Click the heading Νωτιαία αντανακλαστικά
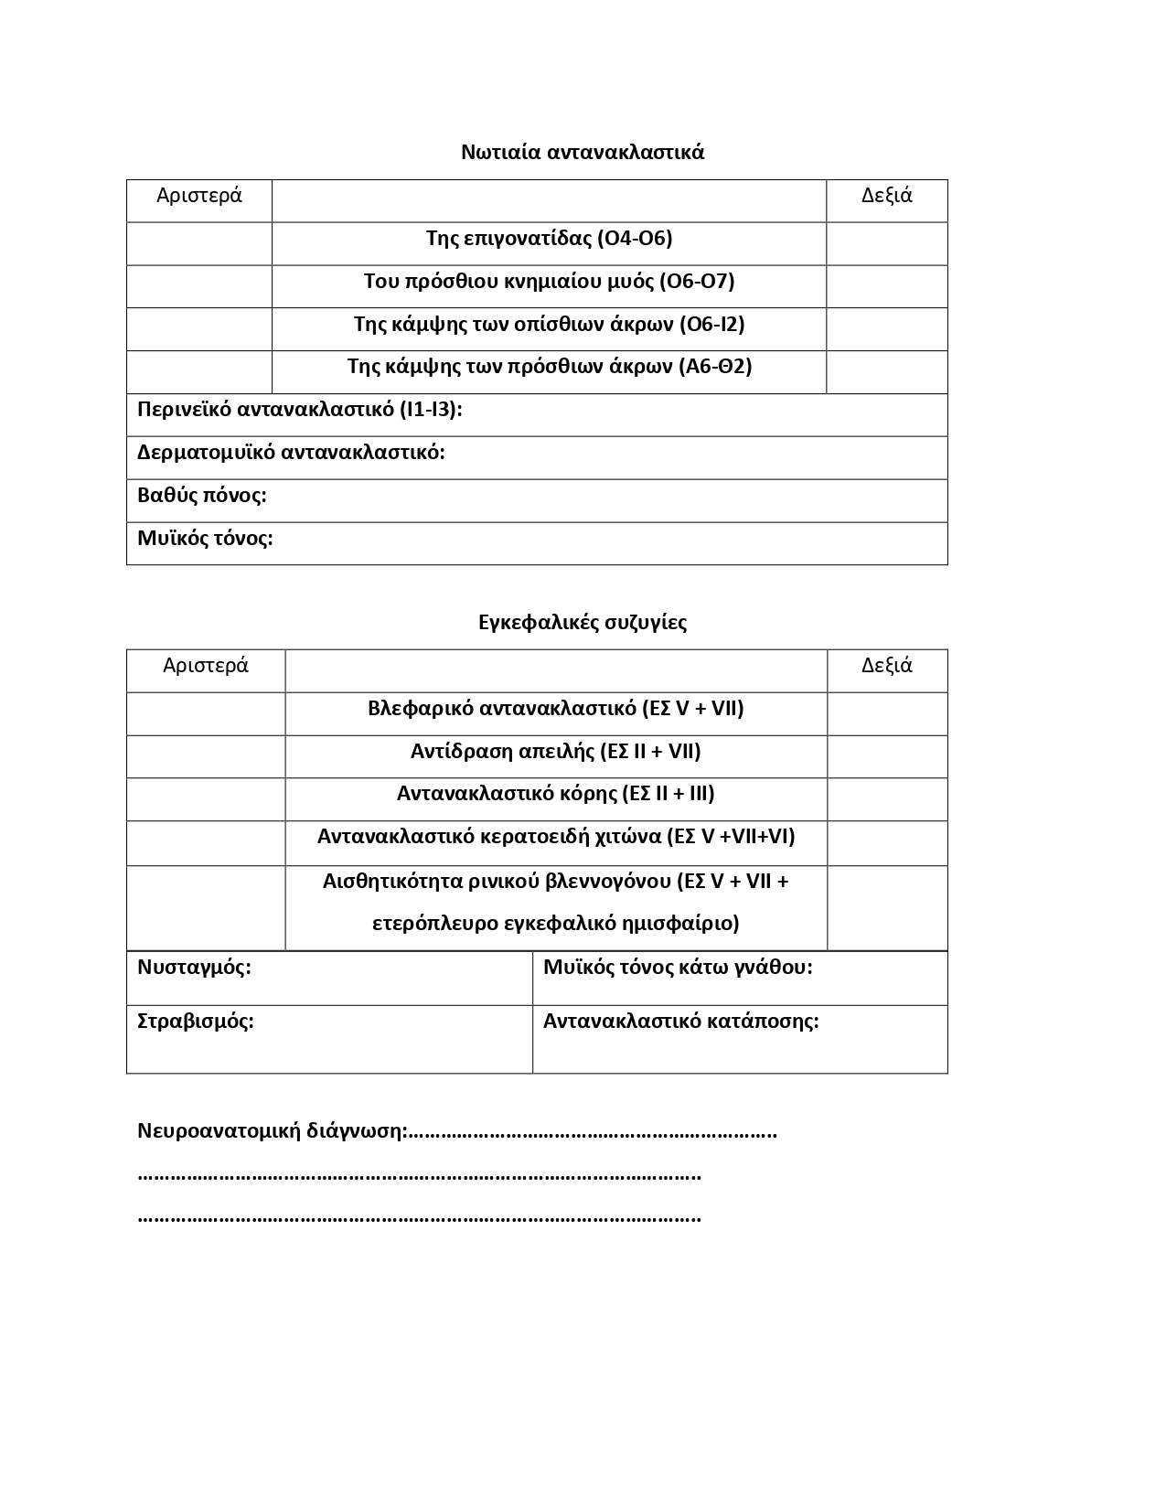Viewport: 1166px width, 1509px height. (583, 152)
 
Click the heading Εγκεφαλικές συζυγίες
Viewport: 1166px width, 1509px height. (583, 623)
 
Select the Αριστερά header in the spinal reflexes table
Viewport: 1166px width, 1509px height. (199, 196)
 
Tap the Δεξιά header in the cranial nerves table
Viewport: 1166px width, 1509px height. (886, 666)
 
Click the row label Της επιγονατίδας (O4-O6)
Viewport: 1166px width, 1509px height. (549, 239)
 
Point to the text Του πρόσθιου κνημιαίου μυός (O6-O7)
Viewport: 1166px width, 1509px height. (549, 282)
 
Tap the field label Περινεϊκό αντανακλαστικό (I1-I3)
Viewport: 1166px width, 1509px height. (299, 410)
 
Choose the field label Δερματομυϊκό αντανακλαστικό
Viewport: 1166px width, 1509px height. (291, 453)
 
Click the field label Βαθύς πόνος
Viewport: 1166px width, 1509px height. (201, 496)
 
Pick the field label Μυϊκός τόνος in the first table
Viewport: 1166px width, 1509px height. (205, 539)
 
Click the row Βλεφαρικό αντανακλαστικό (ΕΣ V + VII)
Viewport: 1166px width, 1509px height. (555, 709)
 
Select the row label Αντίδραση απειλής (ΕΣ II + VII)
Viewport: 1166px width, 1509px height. (555, 752)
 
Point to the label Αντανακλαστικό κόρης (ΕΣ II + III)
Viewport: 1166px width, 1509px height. (555, 794)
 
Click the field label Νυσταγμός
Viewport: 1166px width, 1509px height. (194, 968)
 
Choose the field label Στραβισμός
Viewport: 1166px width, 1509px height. (195, 1022)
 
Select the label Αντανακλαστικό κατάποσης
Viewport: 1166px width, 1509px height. (680, 1022)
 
